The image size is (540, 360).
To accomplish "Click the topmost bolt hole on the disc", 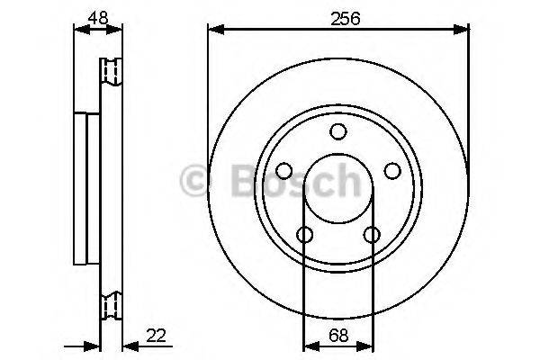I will tap(338, 132).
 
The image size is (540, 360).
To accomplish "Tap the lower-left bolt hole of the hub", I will tap(305, 235).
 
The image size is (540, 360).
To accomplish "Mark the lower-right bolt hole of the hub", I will tap(372, 235).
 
